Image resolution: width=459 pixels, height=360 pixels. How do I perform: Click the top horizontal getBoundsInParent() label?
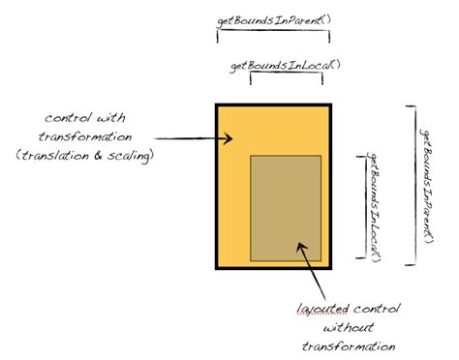274,21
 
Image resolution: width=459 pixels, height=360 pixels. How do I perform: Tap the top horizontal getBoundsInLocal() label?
286,66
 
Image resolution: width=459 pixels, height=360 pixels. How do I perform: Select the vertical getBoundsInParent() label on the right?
427,186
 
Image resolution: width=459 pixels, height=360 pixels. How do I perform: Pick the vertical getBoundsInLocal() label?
374,207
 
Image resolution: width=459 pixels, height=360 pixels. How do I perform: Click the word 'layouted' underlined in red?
322,309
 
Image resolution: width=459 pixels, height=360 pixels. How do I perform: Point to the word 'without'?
349,327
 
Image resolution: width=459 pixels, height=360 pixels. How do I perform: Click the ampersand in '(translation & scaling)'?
98,156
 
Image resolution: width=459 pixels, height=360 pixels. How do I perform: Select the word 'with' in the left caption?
111,117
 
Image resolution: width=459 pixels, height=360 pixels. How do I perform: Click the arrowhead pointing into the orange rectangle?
229,138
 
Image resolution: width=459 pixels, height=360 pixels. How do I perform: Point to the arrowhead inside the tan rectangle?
301,248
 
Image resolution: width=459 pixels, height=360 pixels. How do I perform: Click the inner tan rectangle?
286,208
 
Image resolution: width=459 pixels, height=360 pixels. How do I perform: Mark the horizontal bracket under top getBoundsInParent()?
273,31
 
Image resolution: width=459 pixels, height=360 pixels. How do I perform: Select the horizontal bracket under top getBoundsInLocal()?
287,73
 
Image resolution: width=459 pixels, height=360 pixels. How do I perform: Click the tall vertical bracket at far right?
414,186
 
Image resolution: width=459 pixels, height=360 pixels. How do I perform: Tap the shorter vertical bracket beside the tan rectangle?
365,207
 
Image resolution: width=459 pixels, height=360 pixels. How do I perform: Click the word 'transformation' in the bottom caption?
349,346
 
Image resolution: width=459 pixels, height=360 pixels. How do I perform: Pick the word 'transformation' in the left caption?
85,136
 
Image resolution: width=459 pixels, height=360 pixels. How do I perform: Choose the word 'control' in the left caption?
68,117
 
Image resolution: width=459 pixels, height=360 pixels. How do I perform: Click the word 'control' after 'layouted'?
377,309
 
